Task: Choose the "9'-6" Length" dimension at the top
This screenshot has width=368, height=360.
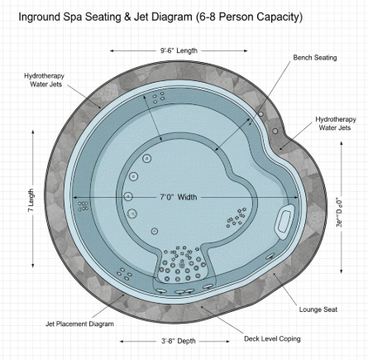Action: coord(179,50)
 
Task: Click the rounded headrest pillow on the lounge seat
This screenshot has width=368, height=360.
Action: coord(284,220)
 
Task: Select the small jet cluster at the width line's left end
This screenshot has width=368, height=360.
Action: coord(82,206)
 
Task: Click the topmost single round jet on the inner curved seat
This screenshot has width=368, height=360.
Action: coord(147,158)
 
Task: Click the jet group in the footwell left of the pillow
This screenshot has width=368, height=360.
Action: coord(236,218)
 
